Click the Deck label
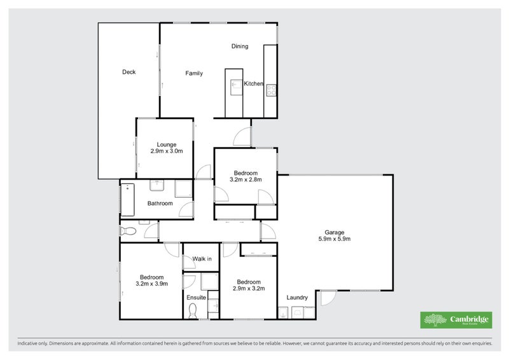[129, 72]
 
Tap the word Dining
[239, 46]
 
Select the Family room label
[194, 73]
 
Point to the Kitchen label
[253, 84]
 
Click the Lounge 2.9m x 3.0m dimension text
[167, 151]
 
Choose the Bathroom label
[160, 204]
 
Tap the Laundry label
[297, 298]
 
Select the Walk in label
[202, 259]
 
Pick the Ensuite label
[196, 297]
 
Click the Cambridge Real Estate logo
[456, 320]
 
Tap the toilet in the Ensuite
[193, 311]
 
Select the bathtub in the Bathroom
[126, 199]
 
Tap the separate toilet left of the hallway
[127, 231]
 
